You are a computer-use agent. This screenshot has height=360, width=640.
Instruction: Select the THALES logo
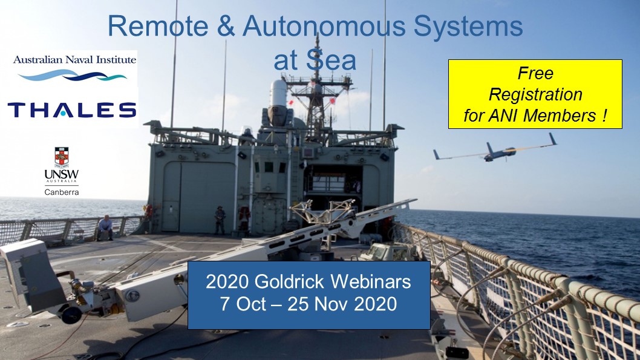(x=72, y=110)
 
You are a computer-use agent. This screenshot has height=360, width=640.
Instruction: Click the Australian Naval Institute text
(x=74, y=59)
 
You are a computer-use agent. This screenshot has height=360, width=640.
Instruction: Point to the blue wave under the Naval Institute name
(x=73, y=74)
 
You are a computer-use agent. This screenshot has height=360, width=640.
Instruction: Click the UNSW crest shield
(x=62, y=157)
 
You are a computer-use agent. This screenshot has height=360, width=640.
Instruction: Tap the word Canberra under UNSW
(x=62, y=192)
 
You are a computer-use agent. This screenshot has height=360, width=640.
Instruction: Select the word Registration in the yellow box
(x=535, y=95)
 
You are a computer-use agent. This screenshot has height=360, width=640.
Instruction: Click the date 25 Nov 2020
(x=342, y=304)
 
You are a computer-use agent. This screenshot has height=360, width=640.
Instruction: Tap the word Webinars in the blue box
(x=371, y=281)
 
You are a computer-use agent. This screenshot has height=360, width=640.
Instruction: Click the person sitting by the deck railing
(x=105, y=227)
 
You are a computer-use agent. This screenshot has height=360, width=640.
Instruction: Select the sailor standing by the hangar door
(x=220, y=220)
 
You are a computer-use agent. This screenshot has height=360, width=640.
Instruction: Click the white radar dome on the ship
(x=279, y=93)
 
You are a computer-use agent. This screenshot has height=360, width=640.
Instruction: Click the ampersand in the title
(x=226, y=25)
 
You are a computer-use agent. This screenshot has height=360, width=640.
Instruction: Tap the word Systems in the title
(x=468, y=27)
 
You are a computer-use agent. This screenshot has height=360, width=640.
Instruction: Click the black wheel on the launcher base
(x=71, y=315)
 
